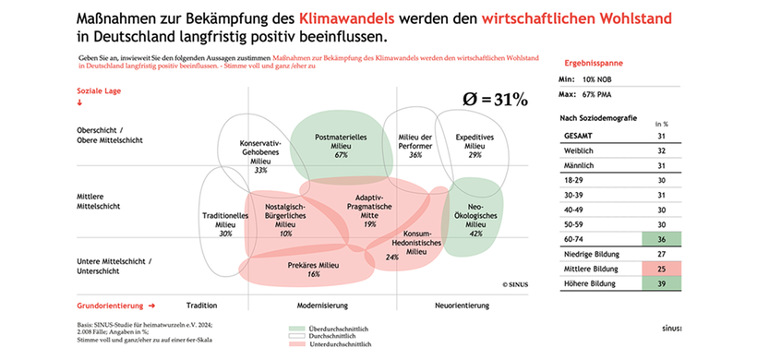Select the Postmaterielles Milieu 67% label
coord(341,146)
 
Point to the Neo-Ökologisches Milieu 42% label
coord(475,220)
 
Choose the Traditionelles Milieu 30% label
coord(225,224)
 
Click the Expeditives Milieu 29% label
coord(475,146)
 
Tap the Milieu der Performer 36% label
coord(415,146)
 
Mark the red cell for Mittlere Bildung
coord(661,269)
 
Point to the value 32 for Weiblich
coord(661,150)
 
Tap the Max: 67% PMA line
coord(596,93)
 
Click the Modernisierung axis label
coord(321,304)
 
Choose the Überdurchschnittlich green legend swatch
coord(295,328)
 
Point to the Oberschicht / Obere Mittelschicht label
coord(109,135)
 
